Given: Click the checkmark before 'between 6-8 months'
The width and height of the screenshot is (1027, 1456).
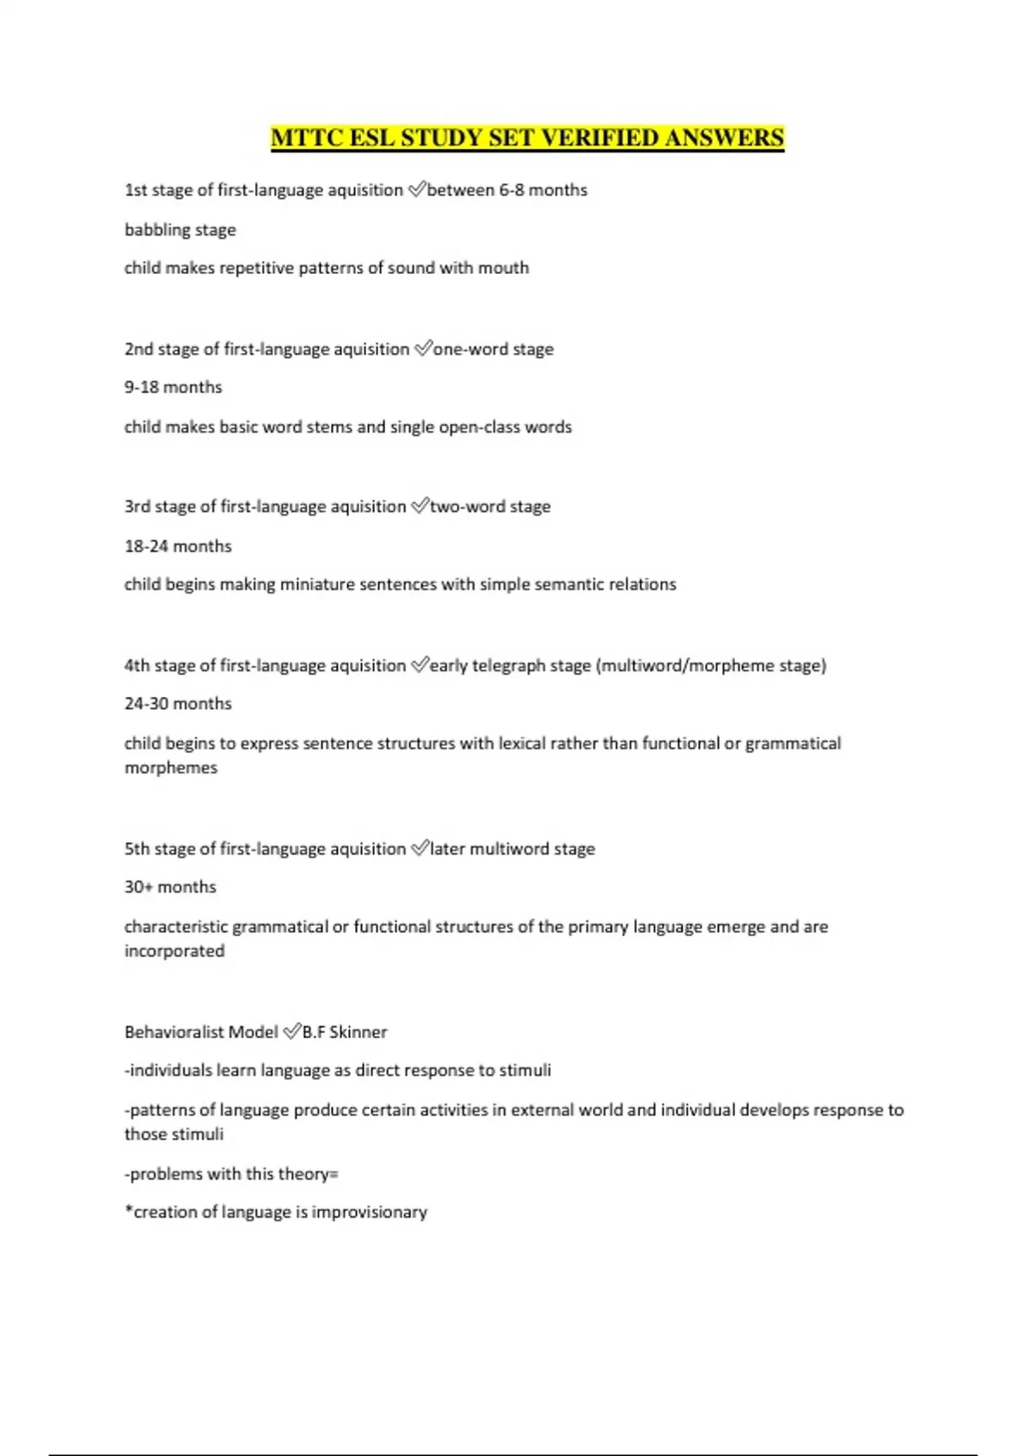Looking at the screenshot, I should click(x=416, y=190).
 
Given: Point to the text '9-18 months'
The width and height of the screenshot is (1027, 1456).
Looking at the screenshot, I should click(x=173, y=387).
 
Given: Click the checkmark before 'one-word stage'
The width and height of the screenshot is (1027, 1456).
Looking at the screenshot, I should click(x=423, y=349).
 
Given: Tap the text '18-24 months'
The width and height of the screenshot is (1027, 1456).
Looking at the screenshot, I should click(x=178, y=546).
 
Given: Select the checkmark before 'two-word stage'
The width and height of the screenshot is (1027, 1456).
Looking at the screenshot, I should click(x=419, y=506).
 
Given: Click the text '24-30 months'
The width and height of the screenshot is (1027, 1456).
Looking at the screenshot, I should click(x=178, y=703).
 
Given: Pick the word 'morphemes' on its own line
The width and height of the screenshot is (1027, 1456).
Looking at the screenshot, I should click(x=171, y=767).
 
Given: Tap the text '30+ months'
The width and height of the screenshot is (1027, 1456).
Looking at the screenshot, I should click(x=170, y=886).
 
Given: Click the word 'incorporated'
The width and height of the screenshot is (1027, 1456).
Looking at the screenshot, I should click(x=175, y=951).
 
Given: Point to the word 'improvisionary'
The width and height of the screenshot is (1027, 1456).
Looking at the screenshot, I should click(x=369, y=1212).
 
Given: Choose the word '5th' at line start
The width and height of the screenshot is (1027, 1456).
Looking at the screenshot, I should click(x=137, y=849).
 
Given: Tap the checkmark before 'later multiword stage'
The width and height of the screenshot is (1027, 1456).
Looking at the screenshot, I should click(x=419, y=849).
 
